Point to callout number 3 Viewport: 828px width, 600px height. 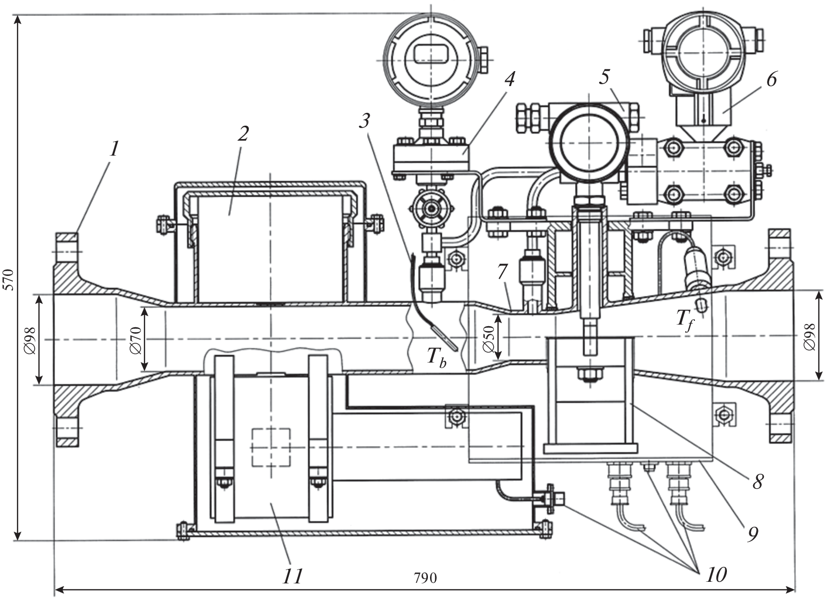click(364, 121)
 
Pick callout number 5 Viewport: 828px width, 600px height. click(604, 78)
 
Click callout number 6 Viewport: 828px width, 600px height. click(771, 80)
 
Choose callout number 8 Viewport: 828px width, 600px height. click(757, 481)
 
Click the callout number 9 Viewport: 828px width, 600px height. click(752, 533)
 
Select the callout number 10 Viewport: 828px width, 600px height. click(716, 574)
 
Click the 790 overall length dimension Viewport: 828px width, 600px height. click(425, 578)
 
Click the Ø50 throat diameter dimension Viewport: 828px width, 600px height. click(487, 339)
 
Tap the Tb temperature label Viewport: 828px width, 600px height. click(435, 358)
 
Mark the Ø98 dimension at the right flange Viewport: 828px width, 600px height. click(809, 336)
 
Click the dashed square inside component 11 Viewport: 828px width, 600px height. click(271, 447)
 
